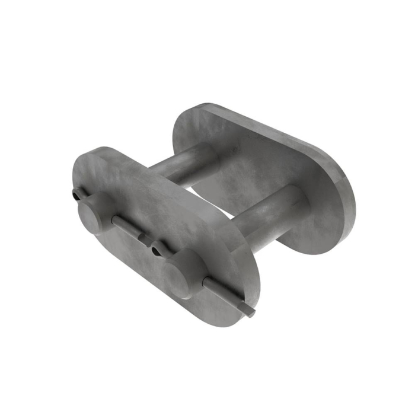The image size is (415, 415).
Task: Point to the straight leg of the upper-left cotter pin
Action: (126, 226)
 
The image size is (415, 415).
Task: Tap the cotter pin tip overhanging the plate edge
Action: (249, 311)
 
